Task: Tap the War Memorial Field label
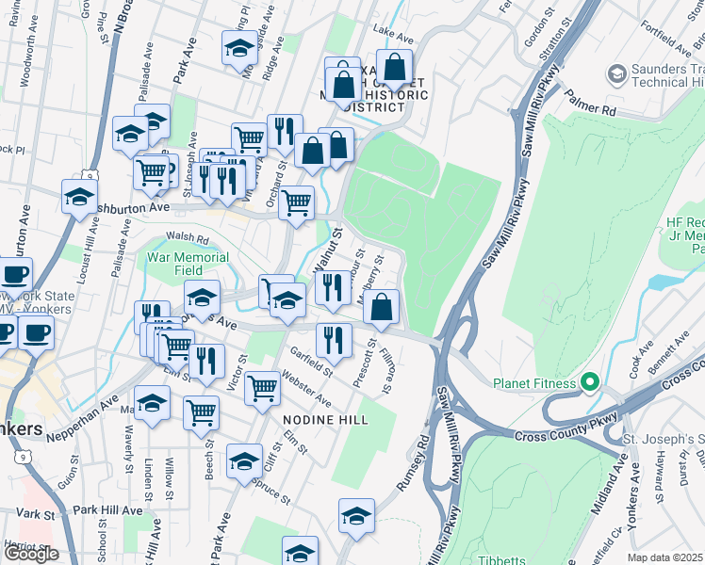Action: tap(187, 264)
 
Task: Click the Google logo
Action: tap(31, 554)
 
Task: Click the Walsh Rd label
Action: tap(187, 239)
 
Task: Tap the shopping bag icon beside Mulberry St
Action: tap(381, 307)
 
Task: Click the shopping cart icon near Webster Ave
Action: tap(263, 386)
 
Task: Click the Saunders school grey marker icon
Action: tap(617, 73)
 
